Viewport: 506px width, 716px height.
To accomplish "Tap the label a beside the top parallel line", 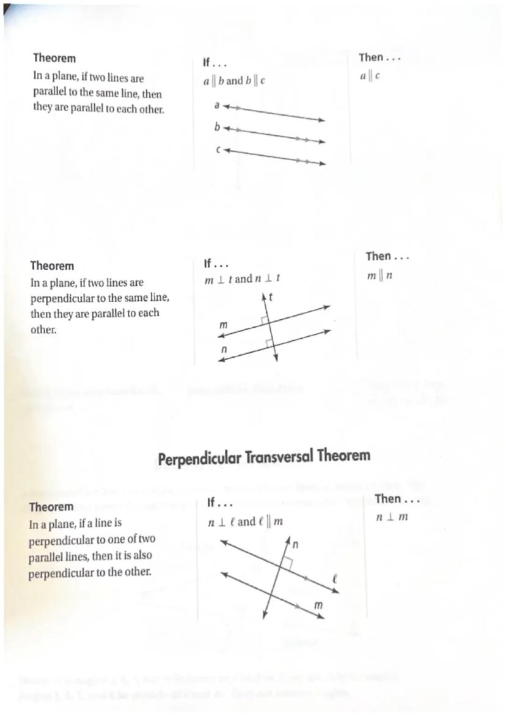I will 216,105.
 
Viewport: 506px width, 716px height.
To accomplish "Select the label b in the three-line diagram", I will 216,127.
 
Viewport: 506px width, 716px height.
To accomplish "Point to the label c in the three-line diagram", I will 218,149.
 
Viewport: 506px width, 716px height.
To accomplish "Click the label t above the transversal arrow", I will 269,298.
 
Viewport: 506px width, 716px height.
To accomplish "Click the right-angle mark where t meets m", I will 263,320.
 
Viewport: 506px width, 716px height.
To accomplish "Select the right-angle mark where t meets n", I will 269,343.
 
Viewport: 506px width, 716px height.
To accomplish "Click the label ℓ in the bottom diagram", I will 335,579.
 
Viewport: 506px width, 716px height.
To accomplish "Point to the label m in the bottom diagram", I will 318,604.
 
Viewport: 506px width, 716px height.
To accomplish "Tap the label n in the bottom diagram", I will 295,544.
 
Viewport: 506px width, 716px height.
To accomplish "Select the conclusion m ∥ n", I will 380,276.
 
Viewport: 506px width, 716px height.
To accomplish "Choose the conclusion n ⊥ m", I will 392,517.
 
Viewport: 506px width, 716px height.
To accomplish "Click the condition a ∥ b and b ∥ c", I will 234,81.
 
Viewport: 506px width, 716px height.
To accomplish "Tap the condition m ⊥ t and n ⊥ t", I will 242,279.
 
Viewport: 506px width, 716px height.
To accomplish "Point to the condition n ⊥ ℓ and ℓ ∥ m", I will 244,522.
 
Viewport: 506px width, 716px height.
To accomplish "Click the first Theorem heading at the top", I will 54,58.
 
